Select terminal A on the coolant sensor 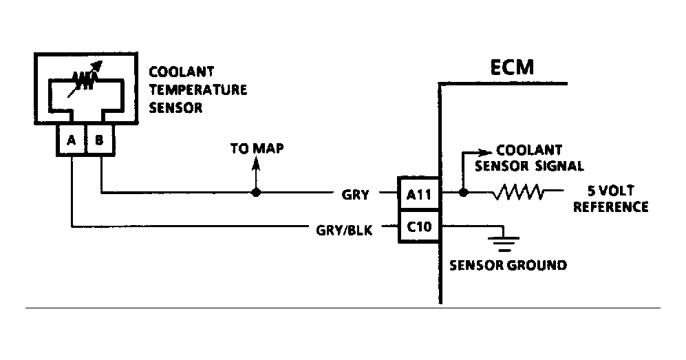(71, 141)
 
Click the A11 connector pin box (418, 195)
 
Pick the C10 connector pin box (418, 226)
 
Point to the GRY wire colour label (356, 195)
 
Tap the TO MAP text (256, 149)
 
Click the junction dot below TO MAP (256, 193)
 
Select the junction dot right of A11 (463, 193)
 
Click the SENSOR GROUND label (508, 265)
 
